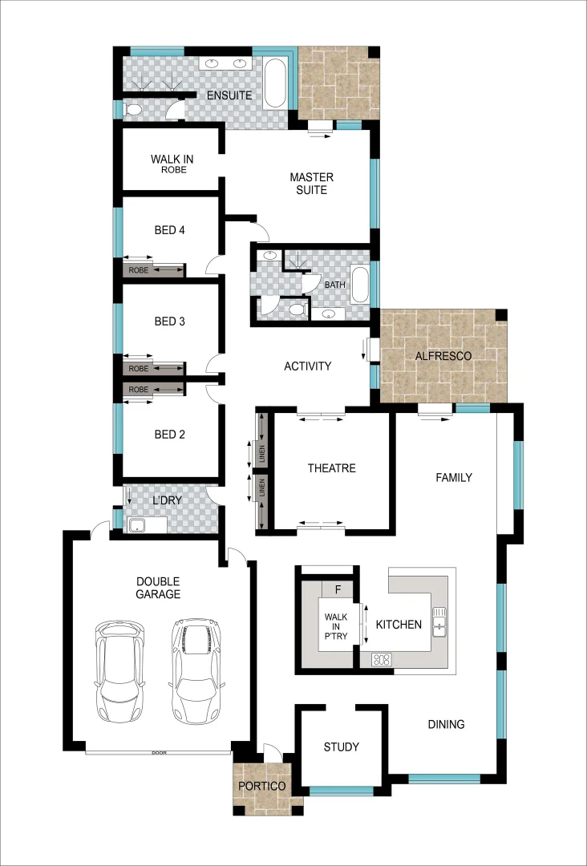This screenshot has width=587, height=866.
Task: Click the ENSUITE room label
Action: click(229, 95)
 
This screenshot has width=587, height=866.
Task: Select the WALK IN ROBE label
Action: click(172, 164)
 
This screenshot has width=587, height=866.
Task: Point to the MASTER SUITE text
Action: click(311, 183)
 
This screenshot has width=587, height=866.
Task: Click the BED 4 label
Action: click(169, 230)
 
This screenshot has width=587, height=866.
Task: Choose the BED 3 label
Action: click(169, 322)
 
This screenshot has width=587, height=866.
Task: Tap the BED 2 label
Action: click(169, 435)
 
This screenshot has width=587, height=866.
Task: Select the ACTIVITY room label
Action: click(307, 366)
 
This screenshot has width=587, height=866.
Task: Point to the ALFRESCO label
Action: click(443, 355)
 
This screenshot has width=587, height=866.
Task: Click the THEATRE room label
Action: click(331, 468)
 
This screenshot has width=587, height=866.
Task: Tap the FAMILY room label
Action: click(453, 477)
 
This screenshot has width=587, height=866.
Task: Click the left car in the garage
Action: click(121, 670)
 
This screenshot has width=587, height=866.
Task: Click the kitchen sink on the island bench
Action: click(439, 621)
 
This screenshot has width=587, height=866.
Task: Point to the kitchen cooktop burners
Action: click(382, 661)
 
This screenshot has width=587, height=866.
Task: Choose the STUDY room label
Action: click(341, 747)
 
